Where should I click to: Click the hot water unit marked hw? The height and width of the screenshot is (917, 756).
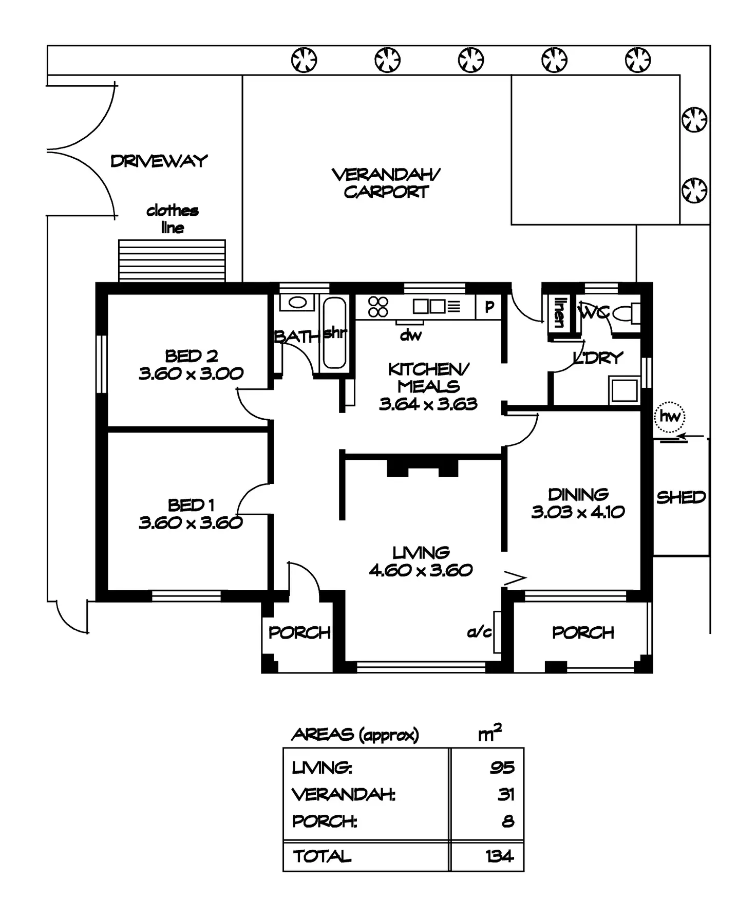pyautogui.click(x=670, y=416)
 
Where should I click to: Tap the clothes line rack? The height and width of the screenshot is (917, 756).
pyautogui.click(x=172, y=260)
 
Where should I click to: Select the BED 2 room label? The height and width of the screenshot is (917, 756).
pyautogui.click(x=191, y=355)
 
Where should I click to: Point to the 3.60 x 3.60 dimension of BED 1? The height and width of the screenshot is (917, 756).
pyautogui.click(x=191, y=522)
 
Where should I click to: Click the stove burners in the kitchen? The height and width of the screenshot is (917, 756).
pyautogui.click(x=378, y=307)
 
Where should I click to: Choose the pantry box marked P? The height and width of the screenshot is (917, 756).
pyautogui.click(x=489, y=307)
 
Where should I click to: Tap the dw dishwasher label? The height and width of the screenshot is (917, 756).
pyautogui.click(x=410, y=335)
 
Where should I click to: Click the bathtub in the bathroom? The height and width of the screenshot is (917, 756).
pyautogui.click(x=334, y=332)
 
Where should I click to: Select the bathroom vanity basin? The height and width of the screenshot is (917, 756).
pyautogui.click(x=296, y=302)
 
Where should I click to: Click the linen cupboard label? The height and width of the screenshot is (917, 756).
pyautogui.click(x=558, y=312)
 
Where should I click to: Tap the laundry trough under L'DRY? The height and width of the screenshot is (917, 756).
pyautogui.click(x=624, y=390)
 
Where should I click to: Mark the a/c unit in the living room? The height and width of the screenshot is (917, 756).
pyautogui.click(x=497, y=632)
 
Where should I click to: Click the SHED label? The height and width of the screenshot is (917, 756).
pyautogui.click(x=681, y=497)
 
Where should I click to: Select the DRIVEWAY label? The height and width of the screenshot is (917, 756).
pyautogui.click(x=159, y=161)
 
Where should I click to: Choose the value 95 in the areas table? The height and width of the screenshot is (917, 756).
pyautogui.click(x=501, y=767)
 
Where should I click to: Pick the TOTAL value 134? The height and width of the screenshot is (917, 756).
pyautogui.click(x=499, y=856)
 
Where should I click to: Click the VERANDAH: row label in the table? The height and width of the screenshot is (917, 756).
pyautogui.click(x=343, y=794)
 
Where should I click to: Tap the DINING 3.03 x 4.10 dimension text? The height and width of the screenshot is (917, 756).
pyautogui.click(x=578, y=512)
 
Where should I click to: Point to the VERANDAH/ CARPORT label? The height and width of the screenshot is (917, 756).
pyautogui.click(x=386, y=183)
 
